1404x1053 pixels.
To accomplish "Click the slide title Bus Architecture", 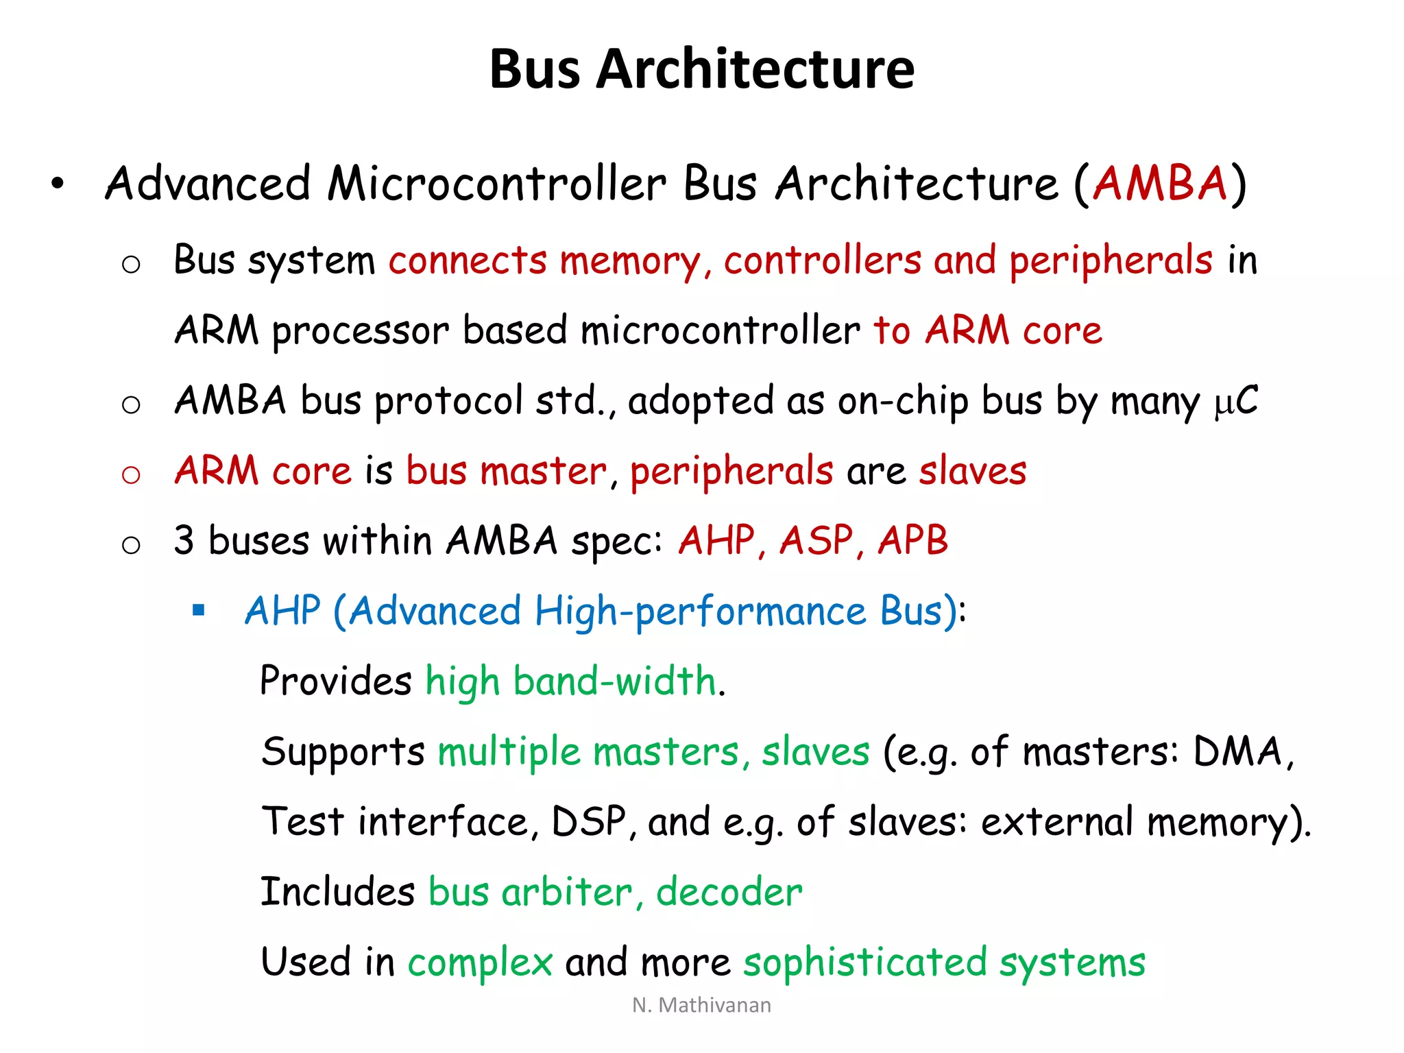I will point(701,69).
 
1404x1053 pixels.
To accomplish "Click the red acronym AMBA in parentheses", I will point(1159,184).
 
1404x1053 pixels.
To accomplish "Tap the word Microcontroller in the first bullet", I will point(496,184).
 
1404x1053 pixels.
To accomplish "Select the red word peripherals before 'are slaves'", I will point(731,472).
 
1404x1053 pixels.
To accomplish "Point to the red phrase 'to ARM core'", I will point(987,330).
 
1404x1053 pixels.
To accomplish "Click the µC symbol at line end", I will point(1236,401).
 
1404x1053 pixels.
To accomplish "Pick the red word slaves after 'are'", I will point(972,472).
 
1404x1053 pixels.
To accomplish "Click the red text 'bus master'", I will point(506,472).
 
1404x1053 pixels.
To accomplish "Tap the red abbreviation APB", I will point(912,540).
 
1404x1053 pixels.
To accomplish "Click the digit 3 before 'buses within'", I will point(184,540).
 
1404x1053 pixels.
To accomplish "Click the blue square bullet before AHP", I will point(199,610).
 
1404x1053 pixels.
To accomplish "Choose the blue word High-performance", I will point(700,612).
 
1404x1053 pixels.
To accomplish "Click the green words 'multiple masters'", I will point(588,751).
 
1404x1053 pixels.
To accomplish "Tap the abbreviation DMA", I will point(1237,751).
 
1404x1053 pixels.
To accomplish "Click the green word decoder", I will point(729,892).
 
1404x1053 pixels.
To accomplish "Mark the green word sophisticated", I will point(864,963).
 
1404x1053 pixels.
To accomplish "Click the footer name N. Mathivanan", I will point(701,1005).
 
